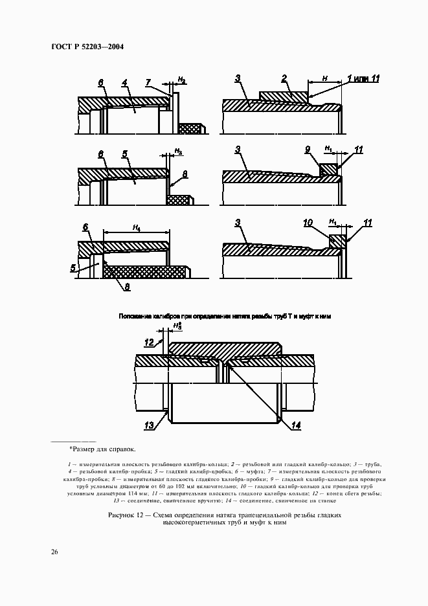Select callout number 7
148,82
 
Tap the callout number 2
284,78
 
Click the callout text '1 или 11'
363,78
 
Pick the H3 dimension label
179,151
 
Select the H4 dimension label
137,227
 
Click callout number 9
308,150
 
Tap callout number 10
309,222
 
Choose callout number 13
148,425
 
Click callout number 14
296,425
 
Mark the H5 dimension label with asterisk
177,326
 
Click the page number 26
54,552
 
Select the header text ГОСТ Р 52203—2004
87,47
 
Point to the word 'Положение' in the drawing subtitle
133,316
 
